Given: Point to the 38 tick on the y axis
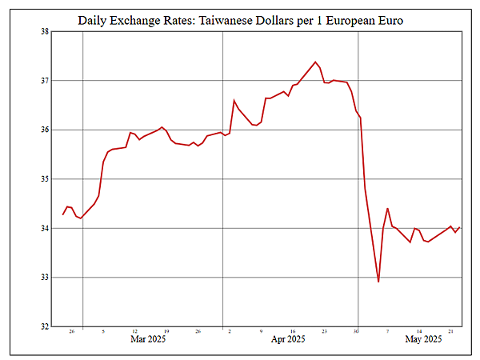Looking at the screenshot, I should pyautogui.click(x=44, y=32).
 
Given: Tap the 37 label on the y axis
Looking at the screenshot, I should pyautogui.click(x=44, y=81).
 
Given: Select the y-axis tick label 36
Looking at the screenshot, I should pyautogui.click(x=44, y=130).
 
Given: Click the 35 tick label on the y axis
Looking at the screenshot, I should pyautogui.click(x=44, y=179).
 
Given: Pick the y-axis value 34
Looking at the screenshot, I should pyautogui.click(x=44, y=228).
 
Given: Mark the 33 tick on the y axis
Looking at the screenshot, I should pyautogui.click(x=44, y=278).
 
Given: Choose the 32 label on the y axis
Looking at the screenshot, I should pyautogui.click(x=44, y=326).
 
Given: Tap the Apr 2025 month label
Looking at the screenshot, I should pyautogui.click(x=288, y=340).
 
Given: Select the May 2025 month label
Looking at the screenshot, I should pyautogui.click(x=423, y=340).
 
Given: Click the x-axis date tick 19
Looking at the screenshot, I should pyautogui.click(x=166, y=331).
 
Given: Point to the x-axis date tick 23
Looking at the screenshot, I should pyautogui.click(x=325, y=331).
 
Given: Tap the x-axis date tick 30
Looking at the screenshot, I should pyautogui.click(x=357, y=331).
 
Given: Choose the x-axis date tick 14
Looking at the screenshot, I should pyautogui.click(x=419, y=331).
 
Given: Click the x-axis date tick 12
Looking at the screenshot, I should pyautogui.click(x=134, y=331).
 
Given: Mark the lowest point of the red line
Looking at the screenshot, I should pyautogui.click(x=378, y=282).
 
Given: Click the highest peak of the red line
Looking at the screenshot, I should pyautogui.click(x=315, y=62).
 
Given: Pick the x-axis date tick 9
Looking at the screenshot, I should pyautogui.click(x=261, y=331).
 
